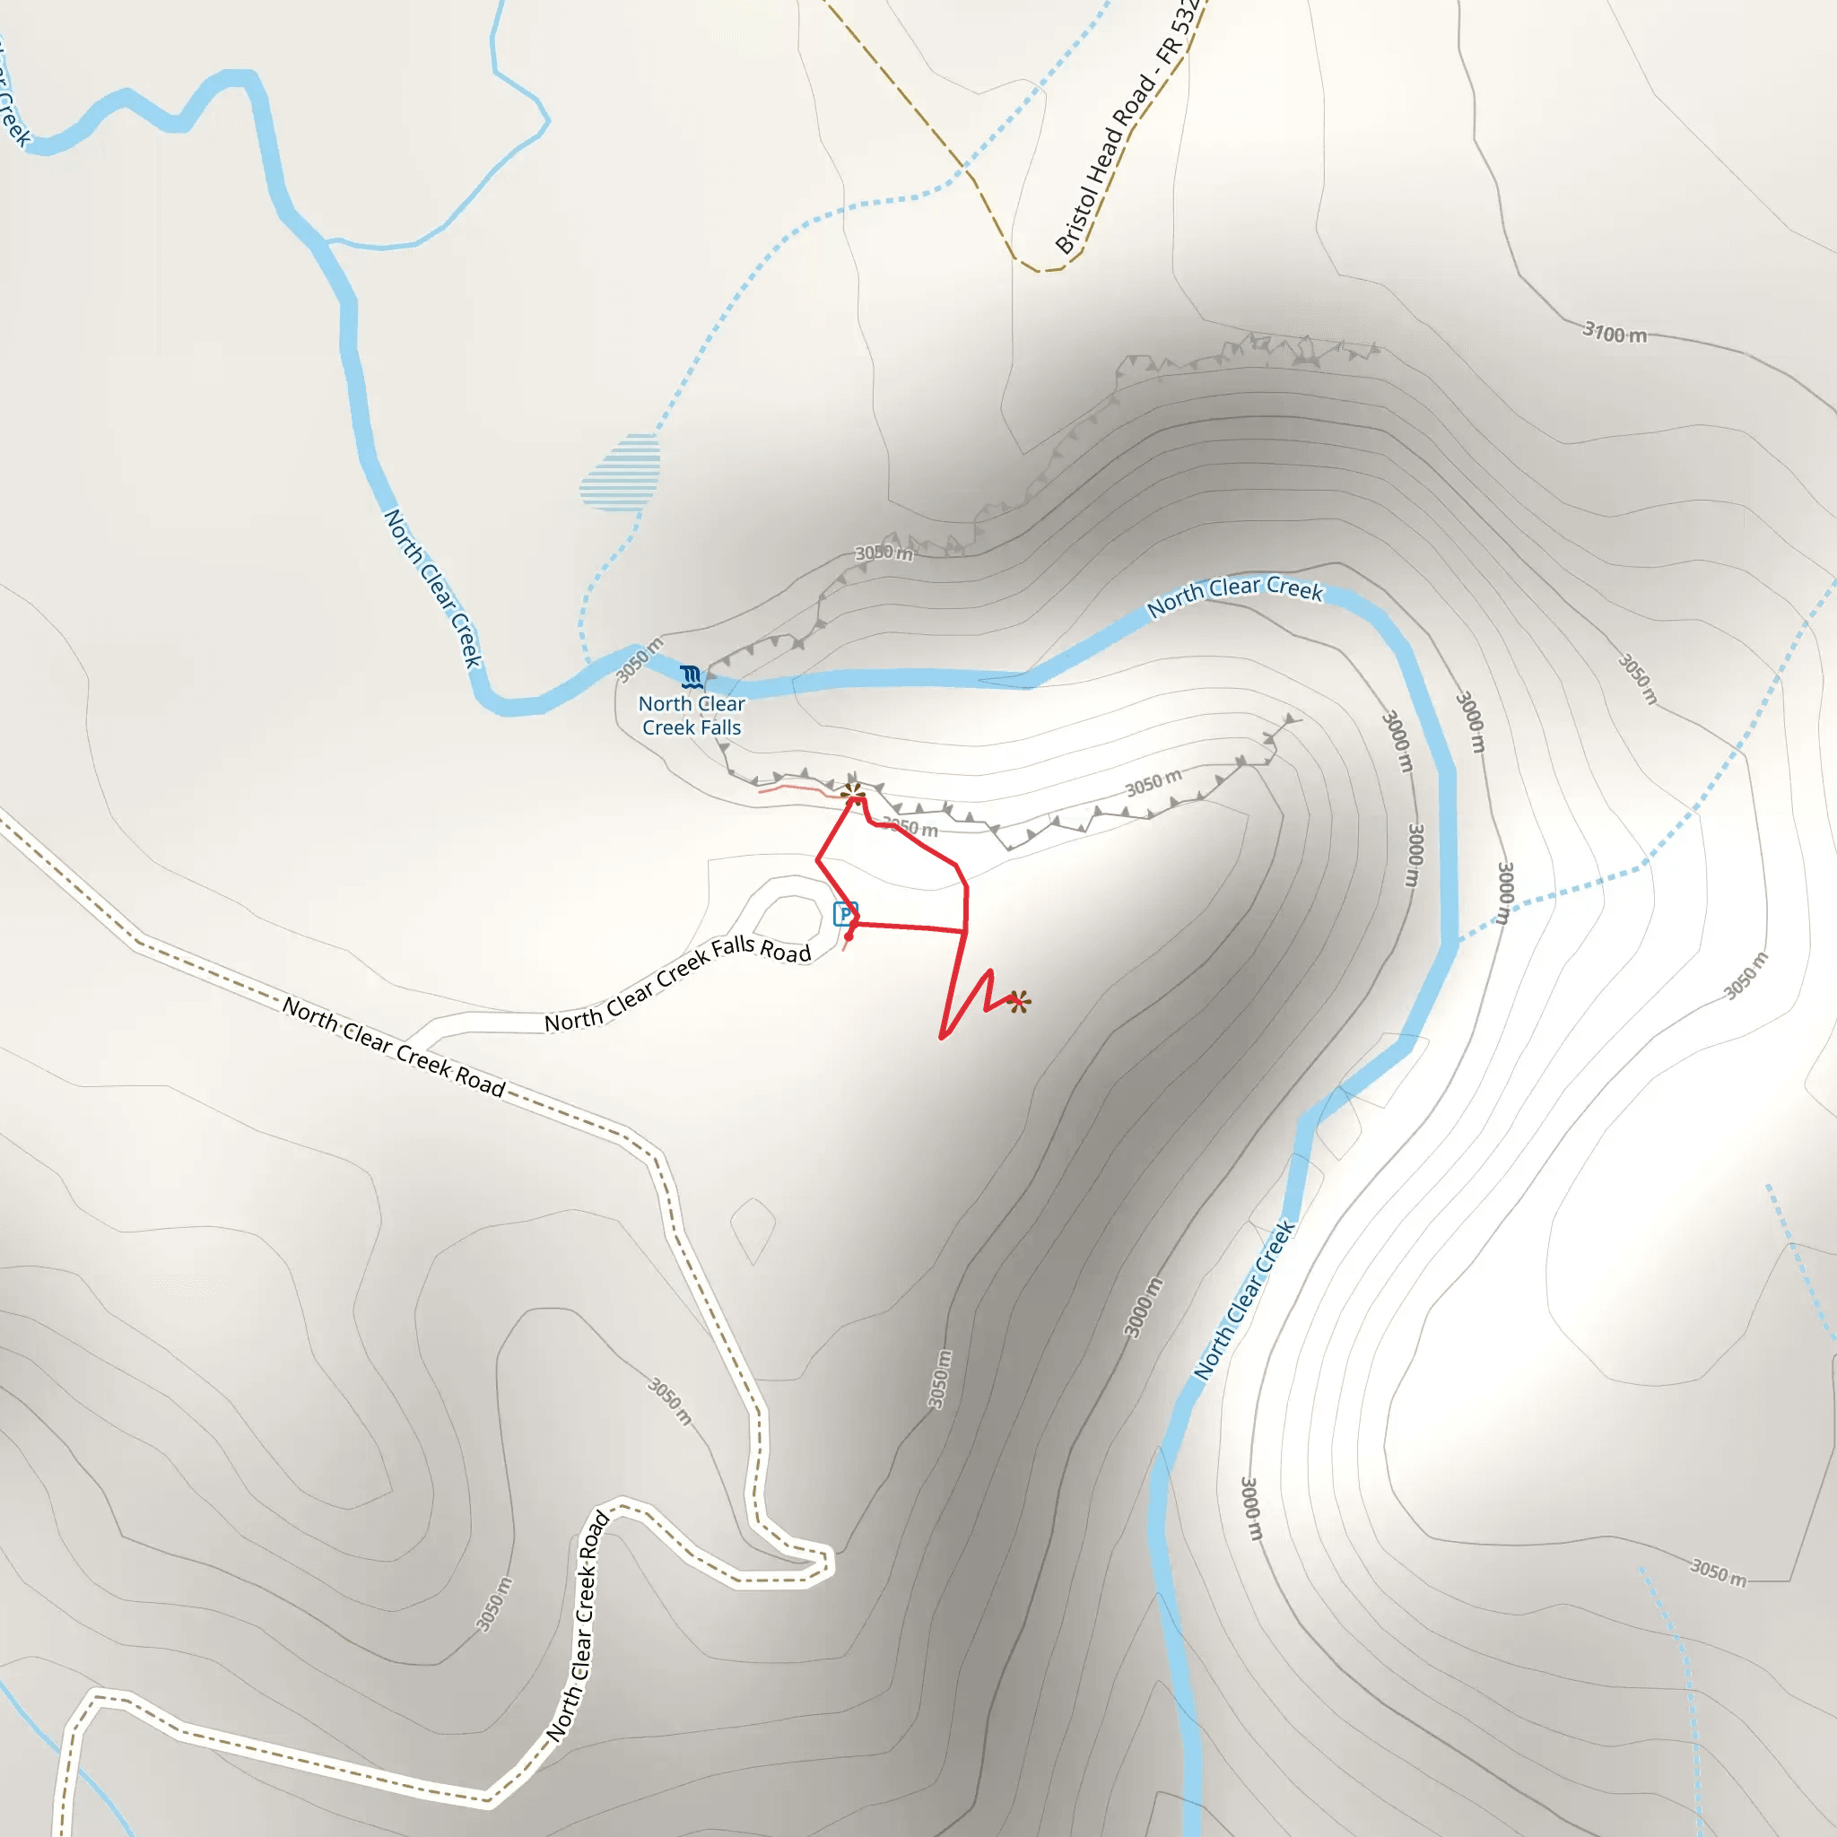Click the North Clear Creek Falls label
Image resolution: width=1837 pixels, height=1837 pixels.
[x=692, y=715]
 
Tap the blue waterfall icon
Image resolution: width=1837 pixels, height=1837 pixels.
[x=692, y=676]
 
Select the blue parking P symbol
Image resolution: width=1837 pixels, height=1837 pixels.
[x=844, y=914]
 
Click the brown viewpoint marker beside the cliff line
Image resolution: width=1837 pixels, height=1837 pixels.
[x=853, y=793]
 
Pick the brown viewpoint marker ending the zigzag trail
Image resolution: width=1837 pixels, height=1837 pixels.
[x=1018, y=1000]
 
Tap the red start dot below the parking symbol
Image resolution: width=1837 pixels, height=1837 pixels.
[x=849, y=936]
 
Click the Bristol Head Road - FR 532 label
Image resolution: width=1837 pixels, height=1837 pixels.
[x=1128, y=128]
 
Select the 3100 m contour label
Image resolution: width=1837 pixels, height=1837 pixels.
[x=1614, y=333]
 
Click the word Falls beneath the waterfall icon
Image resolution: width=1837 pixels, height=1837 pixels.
[x=719, y=727]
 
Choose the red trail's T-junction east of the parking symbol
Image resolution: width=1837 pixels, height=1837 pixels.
[x=965, y=931]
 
